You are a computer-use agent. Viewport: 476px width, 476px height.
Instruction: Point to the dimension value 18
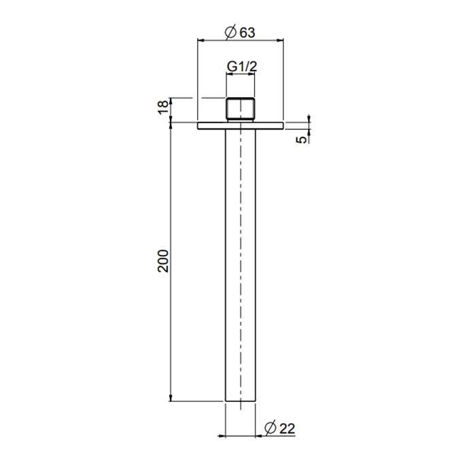click(x=163, y=108)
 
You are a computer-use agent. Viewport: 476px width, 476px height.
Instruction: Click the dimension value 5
click(x=300, y=139)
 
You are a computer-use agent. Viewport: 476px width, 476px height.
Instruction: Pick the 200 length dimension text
click(x=163, y=260)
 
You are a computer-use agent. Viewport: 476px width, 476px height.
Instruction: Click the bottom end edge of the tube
click(x=240, y=401)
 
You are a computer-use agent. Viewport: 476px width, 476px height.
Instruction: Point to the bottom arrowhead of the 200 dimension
click(x=171, y=398)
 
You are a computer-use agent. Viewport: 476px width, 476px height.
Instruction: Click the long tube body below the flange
click(x=240, y=265)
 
